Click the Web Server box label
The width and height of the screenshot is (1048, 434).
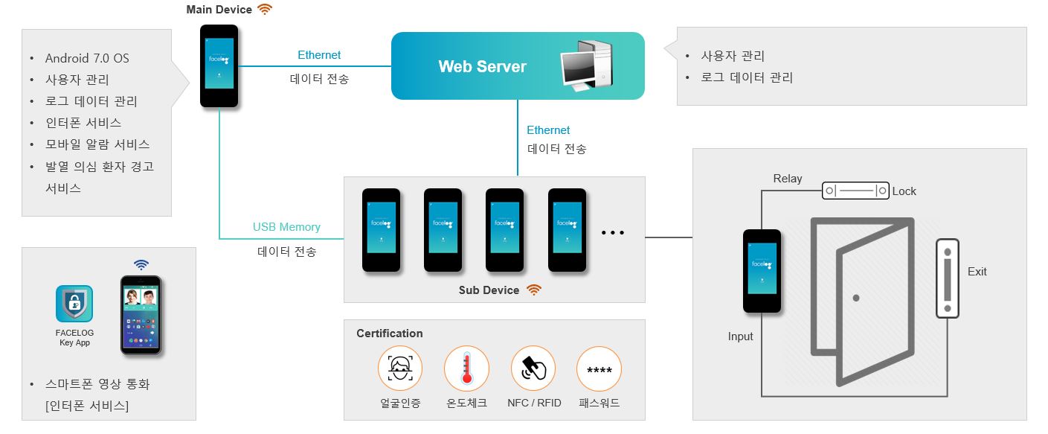click(482, 67)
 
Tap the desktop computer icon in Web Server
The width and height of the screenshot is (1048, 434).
click(586, 66)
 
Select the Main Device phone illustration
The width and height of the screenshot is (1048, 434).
click(219, 66)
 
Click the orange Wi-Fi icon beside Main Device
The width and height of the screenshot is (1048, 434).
click(265, 10)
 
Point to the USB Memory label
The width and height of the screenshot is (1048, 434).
click(286, 227)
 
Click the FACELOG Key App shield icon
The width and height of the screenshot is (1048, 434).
click(74, 304)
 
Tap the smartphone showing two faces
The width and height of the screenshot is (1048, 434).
click(141, 315)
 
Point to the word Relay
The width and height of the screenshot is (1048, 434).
click(788, 179)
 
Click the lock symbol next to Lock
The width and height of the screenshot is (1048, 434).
click(855, 191)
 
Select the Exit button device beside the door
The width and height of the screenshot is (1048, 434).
click(948, 278)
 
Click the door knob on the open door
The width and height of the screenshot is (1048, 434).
click(857, 298)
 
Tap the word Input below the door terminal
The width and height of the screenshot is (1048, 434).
click(741, 336)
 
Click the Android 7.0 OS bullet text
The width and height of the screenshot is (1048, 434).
click(87, 58)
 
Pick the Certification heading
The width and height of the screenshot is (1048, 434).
click(390, 334)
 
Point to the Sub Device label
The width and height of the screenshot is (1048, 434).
click(489, 290)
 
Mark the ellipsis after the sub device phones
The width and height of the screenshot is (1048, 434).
click(612, 233)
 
